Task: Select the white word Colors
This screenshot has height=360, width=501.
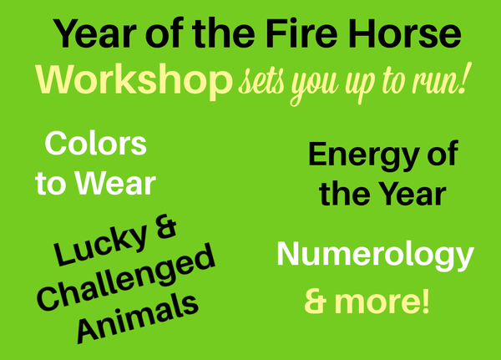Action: click(x=95, y=144)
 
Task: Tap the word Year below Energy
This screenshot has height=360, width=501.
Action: click(x=404, y=195)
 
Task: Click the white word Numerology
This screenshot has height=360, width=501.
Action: click(x=375, y=255)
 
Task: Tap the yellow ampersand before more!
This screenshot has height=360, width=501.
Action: click(x=315, y=301)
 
